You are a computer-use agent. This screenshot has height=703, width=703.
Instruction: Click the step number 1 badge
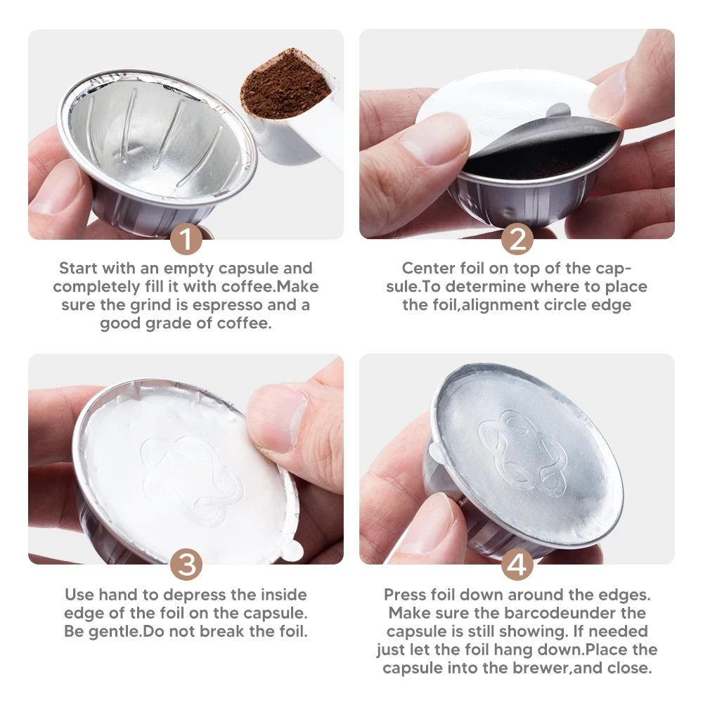coord(186,240)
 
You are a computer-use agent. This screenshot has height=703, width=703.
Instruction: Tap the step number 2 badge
coord(517,240)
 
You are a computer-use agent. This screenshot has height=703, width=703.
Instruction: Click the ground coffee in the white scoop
coord(285,84)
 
